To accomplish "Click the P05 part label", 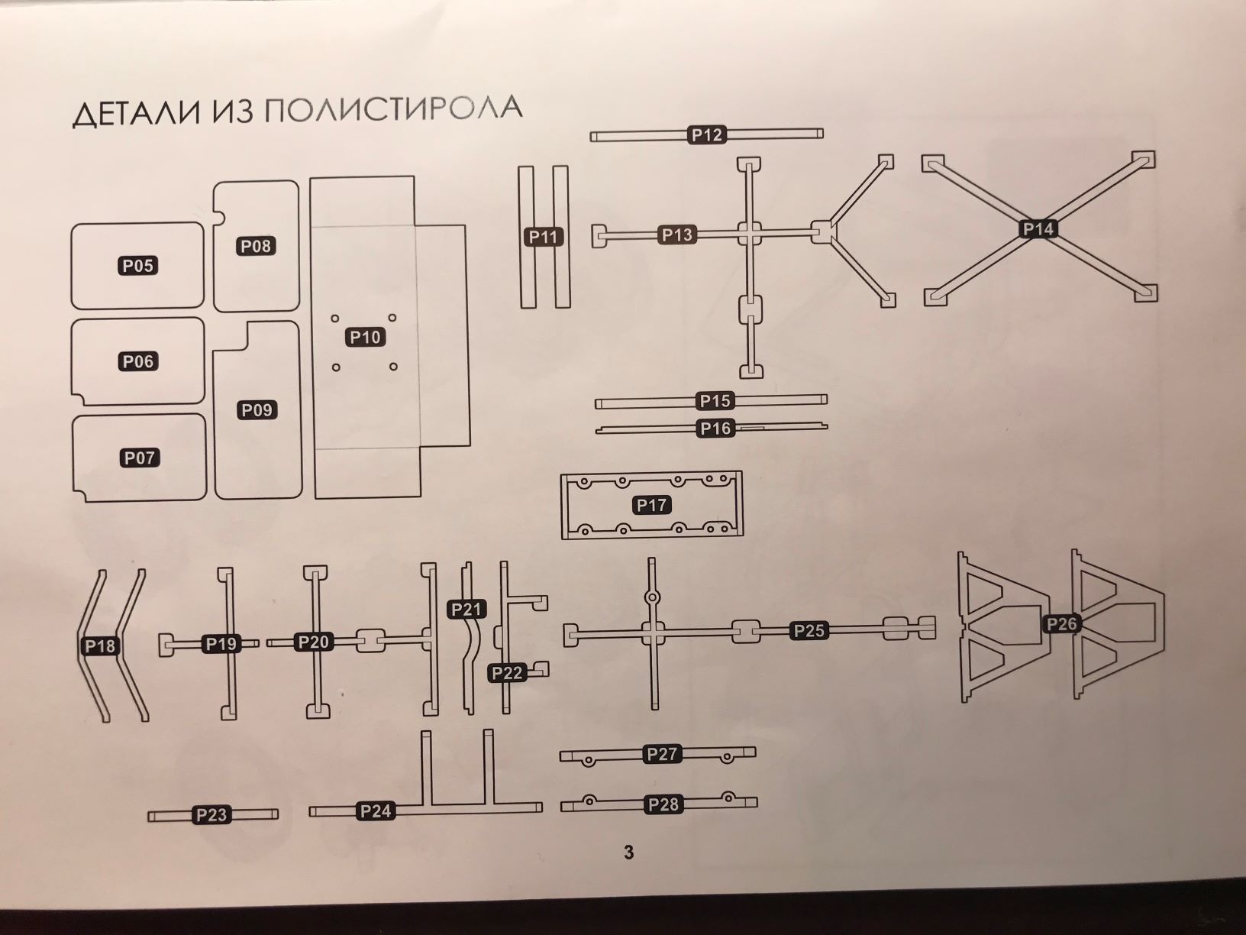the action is point(138,266).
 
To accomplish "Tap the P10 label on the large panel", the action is point(365,338).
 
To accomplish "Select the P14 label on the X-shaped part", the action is point(1038,228).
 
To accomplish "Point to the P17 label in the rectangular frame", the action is point(651,505).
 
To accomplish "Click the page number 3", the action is point(628,852).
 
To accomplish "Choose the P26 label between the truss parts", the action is point(1061,624).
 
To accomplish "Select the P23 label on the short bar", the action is point(211,815).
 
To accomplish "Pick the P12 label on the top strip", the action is point(707,135).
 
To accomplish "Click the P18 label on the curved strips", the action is point(100,646).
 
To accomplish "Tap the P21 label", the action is point(466,610).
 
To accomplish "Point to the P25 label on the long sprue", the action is point(809,631).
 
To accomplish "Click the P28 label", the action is point(663,804).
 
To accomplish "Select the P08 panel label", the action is point(256,247).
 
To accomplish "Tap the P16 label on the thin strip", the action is point(715,429).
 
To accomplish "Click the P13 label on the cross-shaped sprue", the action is point(677,235).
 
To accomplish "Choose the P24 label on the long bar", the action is point(376,811).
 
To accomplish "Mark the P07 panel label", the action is point(140,458).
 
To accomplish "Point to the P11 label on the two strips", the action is point(544,237).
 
